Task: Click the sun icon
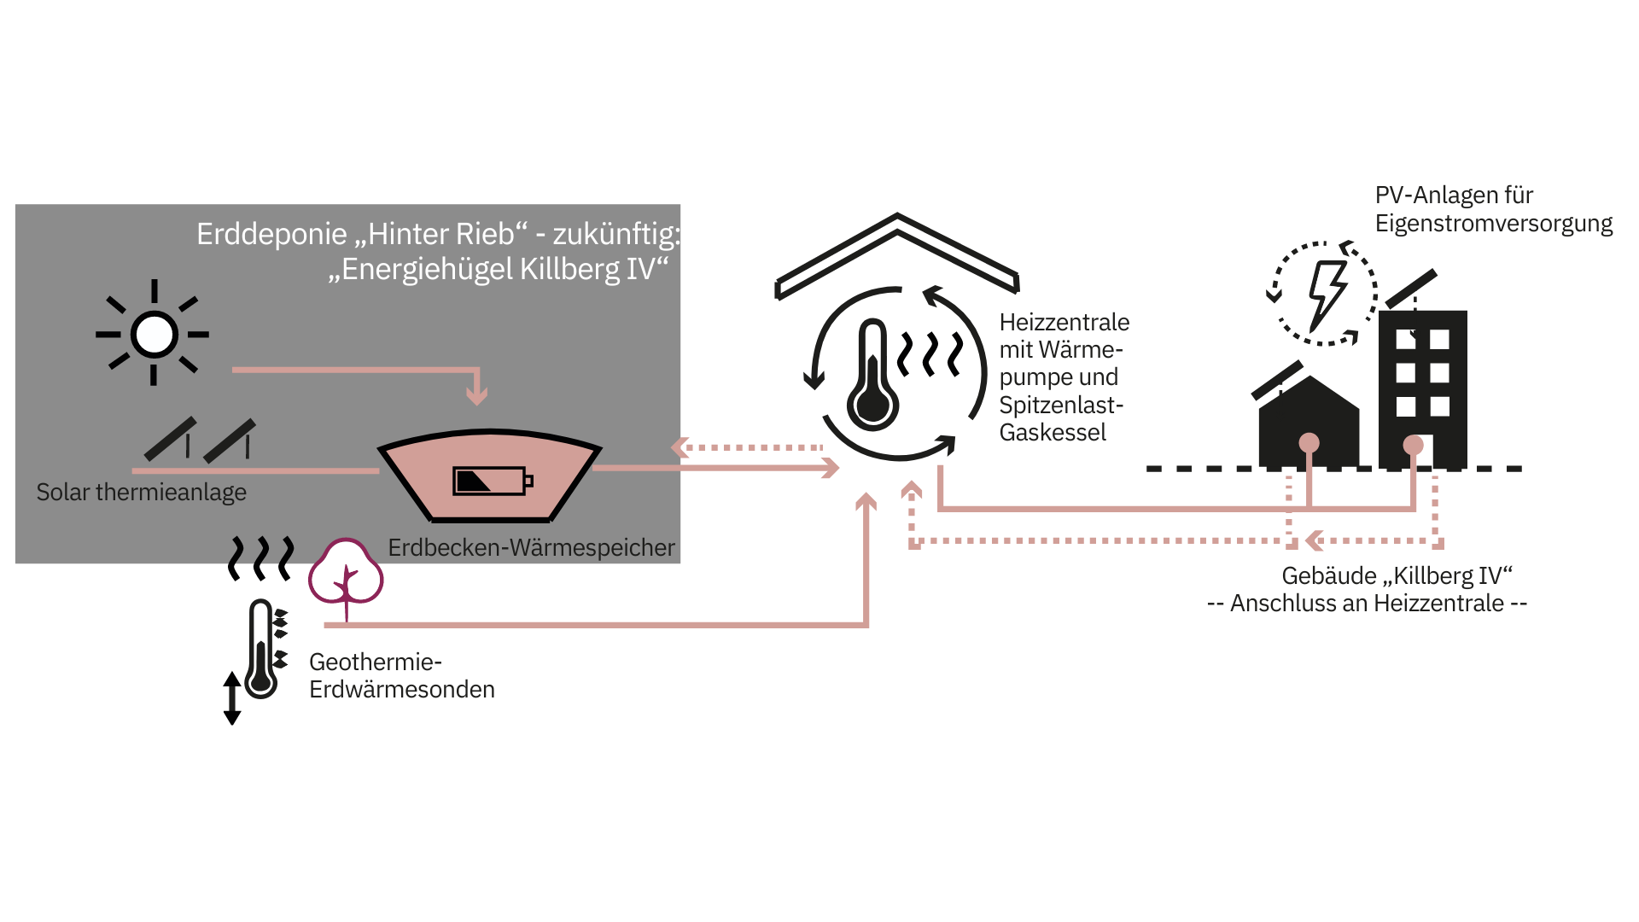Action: tap(155, 334)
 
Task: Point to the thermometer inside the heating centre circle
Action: tap(872, 376)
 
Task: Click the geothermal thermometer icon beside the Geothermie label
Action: tap(261, 649)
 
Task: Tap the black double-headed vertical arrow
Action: tap(231, 697)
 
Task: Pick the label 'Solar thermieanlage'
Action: tap(141, 493)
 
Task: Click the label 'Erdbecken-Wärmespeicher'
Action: tap(531, 548)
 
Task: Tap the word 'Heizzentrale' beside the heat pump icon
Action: tap(1064, 323)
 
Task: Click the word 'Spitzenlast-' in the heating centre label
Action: tap(1060, 405)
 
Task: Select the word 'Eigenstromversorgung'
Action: tap(1493, 224)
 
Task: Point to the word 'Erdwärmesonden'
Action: tap(401, 690)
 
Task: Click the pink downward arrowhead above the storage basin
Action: tap(476, 395)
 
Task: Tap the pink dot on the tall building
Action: tap(1413, 445)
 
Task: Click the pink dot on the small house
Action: tap(1309, 443)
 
